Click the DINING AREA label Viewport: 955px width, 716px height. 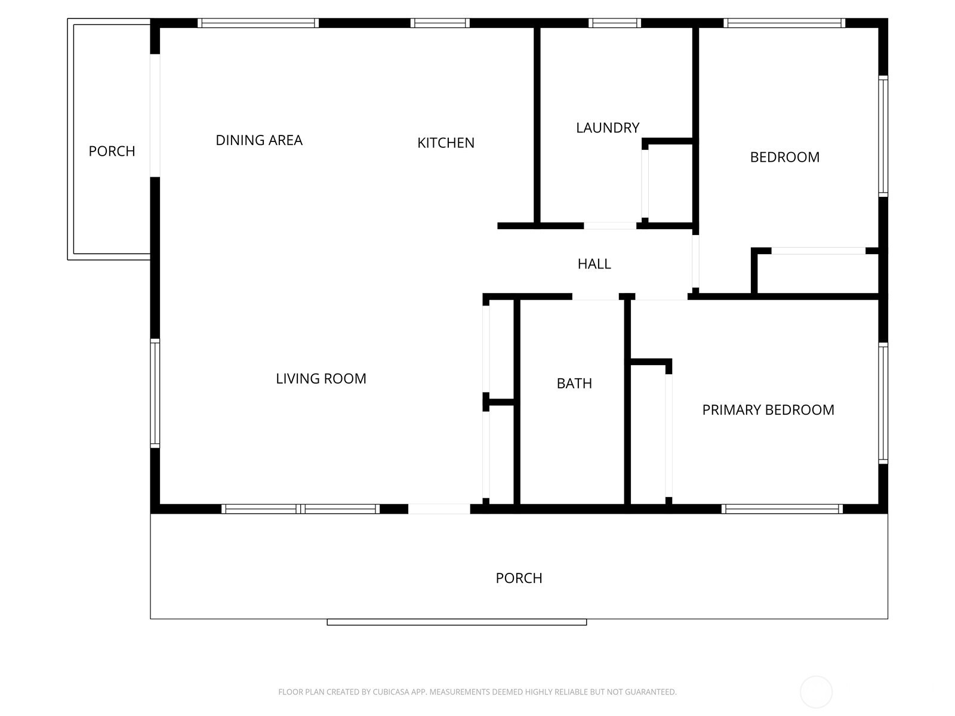[x=259, y=140]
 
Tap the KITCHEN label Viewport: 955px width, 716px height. [x=445, y=143]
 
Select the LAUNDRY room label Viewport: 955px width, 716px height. [x=608, y=128]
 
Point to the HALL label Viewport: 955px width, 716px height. [x=594, y=264]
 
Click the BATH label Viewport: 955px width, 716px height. [x=574, y=384]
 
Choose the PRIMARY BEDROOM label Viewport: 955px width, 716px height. [x=768, y=410]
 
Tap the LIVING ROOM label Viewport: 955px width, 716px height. [x=321, y=379]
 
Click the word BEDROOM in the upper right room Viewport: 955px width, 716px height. [x=784, y=157]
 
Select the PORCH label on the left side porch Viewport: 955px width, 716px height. [x=112, y=152]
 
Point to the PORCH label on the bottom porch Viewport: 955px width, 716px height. [x=519, y=578]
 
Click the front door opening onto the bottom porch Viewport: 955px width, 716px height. [x=439, y=508]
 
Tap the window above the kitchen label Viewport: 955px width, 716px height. [x=440, y=23]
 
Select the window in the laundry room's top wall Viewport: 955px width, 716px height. [x=614, y=23]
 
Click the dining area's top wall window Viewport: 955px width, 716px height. [x=258, y=23]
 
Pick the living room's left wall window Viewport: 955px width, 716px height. [x=155, y=393]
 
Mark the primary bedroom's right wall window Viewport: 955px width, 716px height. [x=883, y=403]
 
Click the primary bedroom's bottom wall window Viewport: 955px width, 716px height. [x=782, y=508]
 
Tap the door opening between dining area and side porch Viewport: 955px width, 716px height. [x=155, y=116]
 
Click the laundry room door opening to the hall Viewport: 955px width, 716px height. [x=609, y=226]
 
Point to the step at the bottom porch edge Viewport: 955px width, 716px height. [x=457, y=622]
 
